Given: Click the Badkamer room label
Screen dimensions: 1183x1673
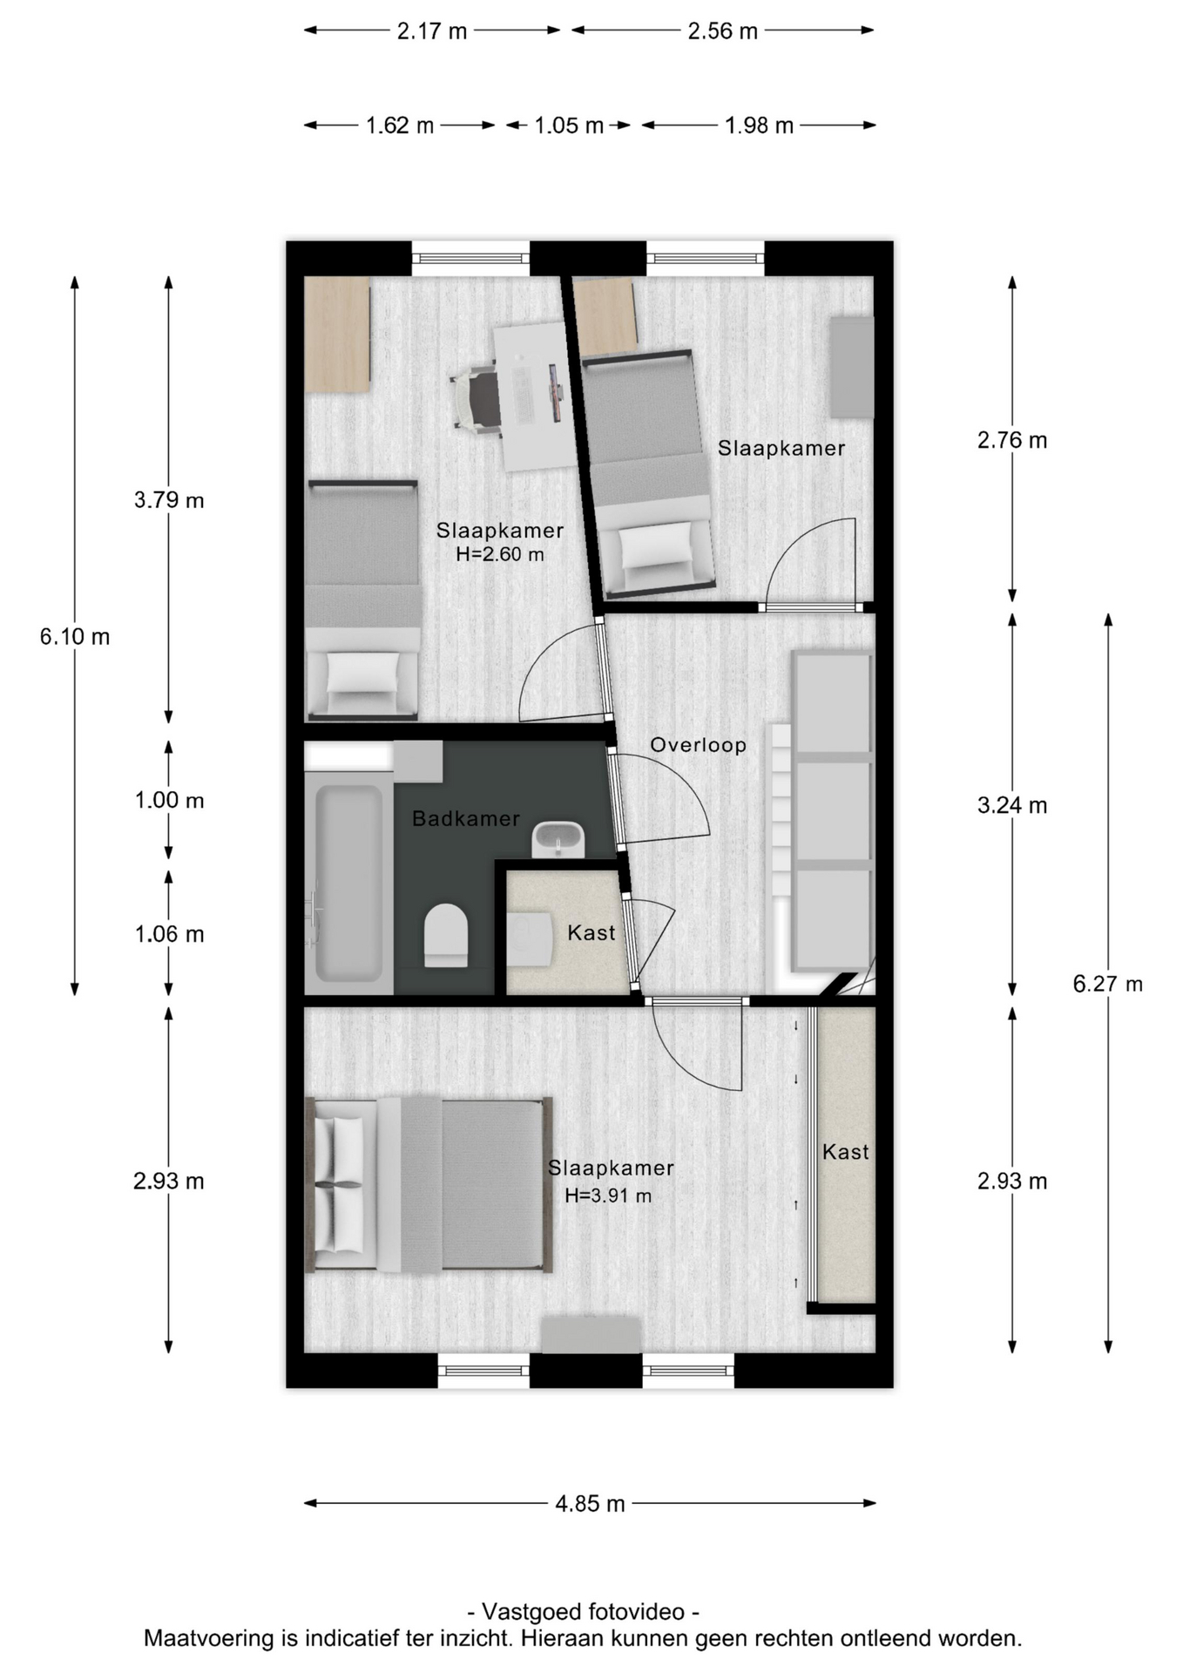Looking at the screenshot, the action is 465,818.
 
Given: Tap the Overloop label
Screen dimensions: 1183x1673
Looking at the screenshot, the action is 698,745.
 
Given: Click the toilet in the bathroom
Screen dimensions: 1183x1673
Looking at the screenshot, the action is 446,935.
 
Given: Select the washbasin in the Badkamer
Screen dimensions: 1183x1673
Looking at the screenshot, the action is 558,839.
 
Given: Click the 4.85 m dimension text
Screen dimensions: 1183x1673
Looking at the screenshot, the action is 590,1504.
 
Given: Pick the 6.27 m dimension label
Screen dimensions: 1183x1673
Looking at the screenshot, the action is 1107,984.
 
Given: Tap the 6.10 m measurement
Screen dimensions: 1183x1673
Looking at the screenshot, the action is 75,637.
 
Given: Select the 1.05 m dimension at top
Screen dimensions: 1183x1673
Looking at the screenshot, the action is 569,125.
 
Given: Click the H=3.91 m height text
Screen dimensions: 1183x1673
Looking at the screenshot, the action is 608,1195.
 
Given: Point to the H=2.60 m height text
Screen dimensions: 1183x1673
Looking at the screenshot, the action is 500,554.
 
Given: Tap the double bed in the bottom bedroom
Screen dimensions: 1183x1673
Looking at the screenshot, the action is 429,1184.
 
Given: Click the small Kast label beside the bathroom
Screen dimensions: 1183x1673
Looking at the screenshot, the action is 591,933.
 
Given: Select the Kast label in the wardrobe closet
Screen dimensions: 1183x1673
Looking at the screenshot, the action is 845,1152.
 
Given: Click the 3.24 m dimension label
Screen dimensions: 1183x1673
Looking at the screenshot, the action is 1011,806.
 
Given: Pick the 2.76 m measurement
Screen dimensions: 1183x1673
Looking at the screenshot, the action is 1011,441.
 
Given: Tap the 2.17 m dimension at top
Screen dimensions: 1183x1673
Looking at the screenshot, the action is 432,31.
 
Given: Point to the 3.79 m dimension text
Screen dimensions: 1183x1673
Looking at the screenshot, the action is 169,500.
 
